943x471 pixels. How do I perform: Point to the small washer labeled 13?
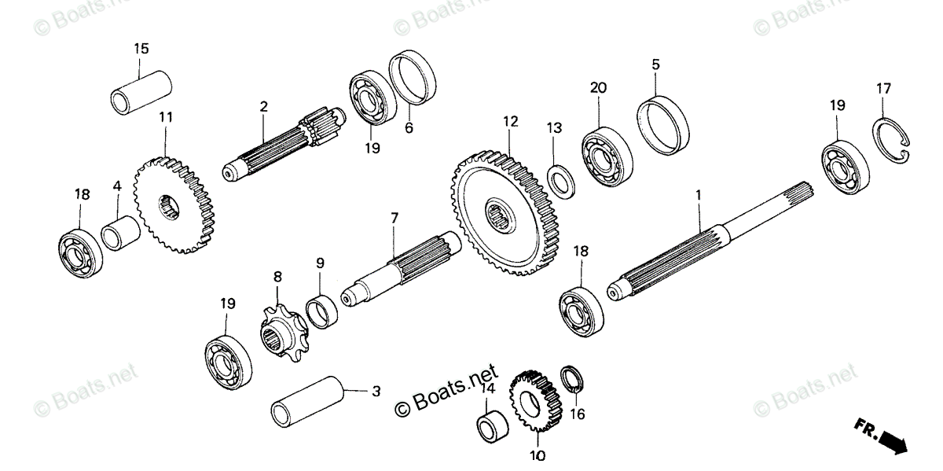coord(562,179)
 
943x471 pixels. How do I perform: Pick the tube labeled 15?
coord(141,91)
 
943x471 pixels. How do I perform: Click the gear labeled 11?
coord(174,206)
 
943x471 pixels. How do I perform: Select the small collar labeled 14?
coord(494,424)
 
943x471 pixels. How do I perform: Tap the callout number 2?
coord(263,106)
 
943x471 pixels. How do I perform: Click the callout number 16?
coord(578,413)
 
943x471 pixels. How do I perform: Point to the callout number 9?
coord(320,263)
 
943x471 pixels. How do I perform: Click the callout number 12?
coord(512,123)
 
